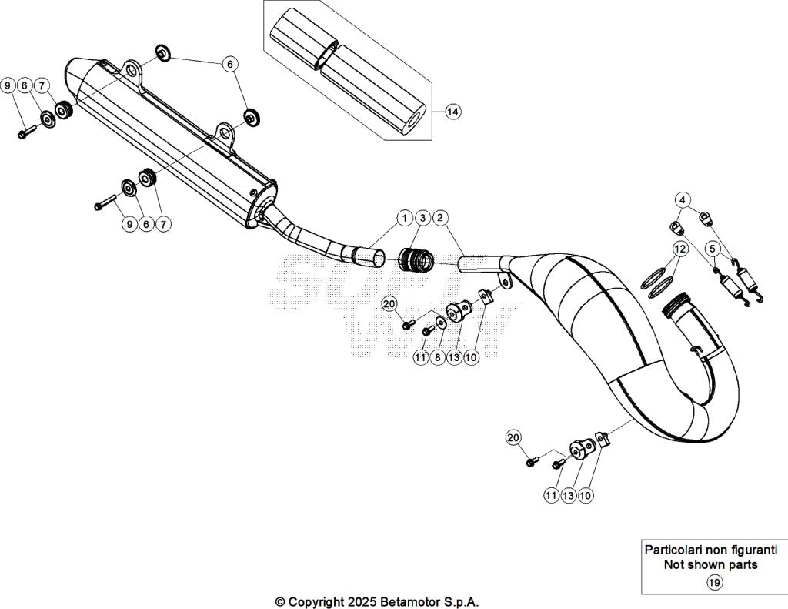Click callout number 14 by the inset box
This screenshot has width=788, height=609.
point(452,112)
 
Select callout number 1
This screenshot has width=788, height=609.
point(405,218)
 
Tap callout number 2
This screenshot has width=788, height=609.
point(422,218)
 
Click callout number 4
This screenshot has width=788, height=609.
point(682,199)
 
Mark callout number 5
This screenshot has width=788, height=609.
point(713,249)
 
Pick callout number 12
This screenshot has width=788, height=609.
point(679,249)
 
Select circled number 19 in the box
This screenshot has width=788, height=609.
point(714,582)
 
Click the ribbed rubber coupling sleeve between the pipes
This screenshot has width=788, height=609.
point(417,259)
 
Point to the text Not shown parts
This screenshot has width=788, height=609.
point(710,564)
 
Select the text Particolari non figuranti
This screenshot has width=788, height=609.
point(710,550)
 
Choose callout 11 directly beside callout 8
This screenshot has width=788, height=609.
point(420,358)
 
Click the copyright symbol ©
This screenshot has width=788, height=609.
point(281,601)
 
